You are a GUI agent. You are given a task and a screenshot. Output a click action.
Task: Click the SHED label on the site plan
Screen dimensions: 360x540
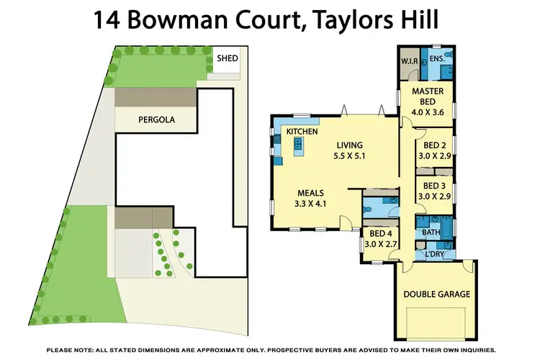(228, 58)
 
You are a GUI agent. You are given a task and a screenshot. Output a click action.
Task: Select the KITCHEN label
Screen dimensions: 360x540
(302, 132)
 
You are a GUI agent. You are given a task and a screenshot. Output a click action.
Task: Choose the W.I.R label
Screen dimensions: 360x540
(410, 61)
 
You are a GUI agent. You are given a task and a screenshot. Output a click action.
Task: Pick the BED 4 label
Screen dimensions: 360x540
(381, 233)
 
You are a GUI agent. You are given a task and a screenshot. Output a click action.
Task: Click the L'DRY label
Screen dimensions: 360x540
(434, 253)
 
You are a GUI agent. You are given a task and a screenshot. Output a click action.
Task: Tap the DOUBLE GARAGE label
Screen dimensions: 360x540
(436, 294)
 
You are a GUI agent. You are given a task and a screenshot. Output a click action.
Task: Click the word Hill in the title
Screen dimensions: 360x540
(417, 19)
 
